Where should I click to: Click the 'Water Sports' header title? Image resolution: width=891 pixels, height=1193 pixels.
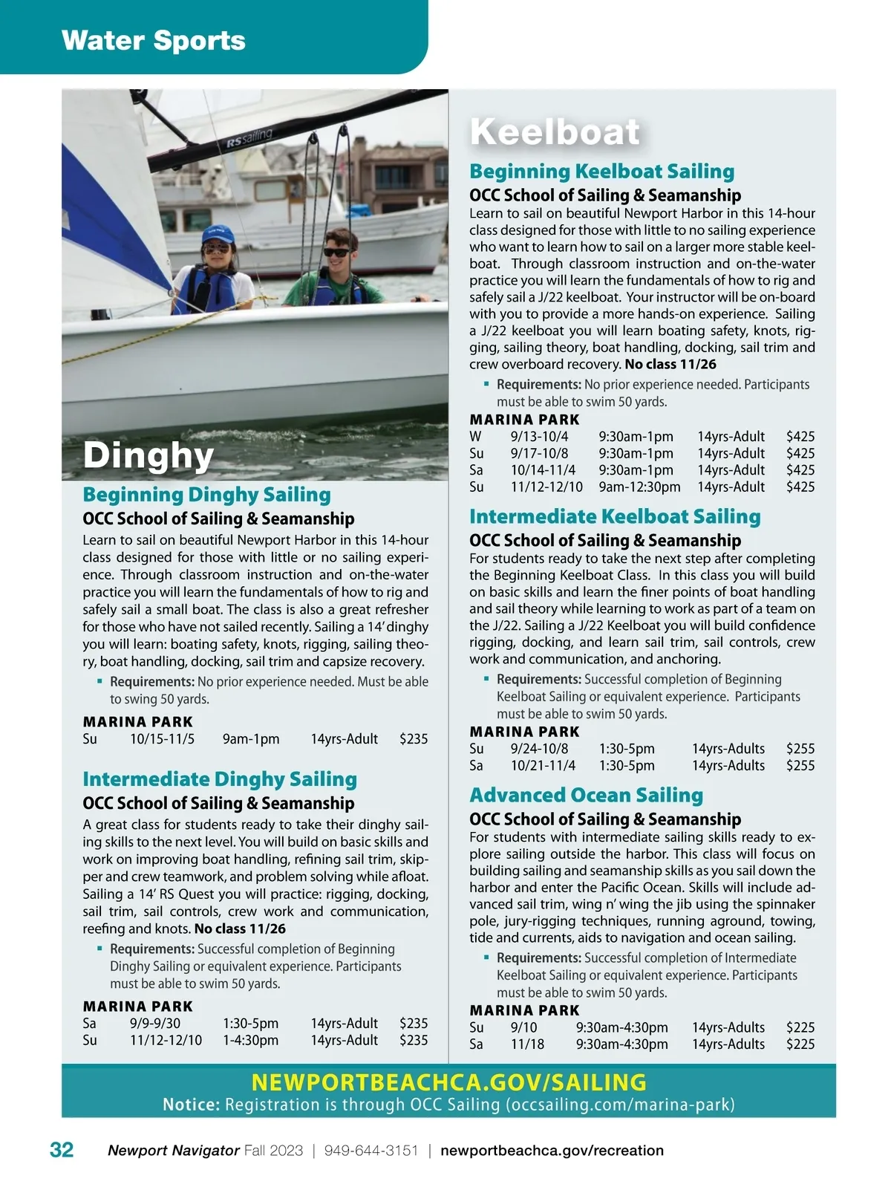(x=154, y=40)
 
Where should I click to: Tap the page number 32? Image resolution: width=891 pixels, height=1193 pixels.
(x=62, y=1150)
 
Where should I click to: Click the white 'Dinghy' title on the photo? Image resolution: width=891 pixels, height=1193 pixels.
(x=148, y=455)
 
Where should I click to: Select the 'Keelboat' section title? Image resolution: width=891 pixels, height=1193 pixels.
(x=555, y=132)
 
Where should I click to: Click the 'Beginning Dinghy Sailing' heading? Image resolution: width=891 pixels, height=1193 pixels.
(x=206, y=495)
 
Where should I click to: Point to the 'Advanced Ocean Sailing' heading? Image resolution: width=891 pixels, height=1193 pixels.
(x=586, y=795)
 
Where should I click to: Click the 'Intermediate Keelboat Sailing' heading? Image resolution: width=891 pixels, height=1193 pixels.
(x=615, y=516)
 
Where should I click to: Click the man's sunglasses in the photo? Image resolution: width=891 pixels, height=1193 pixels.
(x=338, y=252)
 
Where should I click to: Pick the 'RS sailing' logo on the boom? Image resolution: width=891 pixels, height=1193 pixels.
(x=249, y=138)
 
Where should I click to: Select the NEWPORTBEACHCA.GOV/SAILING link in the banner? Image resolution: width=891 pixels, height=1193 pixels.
(x=448, y=1082)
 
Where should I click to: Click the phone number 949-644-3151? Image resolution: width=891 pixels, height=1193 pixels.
(x=371, y=1151)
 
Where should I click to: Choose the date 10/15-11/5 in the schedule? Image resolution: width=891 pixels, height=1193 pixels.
(x=162, y=739)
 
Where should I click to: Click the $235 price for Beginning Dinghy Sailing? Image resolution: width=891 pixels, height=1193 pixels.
(x=414, y=739)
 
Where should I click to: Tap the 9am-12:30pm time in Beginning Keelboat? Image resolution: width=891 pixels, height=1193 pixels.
(x=639, y=487)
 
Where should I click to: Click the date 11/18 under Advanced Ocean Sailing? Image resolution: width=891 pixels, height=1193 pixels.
(x=527, y=1044)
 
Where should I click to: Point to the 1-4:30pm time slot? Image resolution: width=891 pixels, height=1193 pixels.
(x=251, y=1041)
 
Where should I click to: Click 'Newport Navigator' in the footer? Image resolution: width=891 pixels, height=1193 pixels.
(x=173, y=1151)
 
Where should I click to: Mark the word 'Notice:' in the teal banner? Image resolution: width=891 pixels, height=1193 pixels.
(x=192, y=1105)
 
